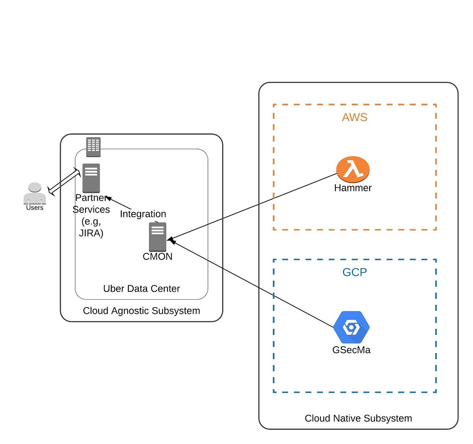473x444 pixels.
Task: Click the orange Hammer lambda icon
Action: tap(353, 170)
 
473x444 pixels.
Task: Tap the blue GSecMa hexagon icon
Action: tap(351, 327)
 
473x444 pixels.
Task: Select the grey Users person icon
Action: tap(35, 193)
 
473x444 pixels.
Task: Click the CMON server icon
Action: tap(158, 237)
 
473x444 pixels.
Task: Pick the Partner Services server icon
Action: tap(91, 178)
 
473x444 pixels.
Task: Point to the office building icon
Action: tap(93, 147)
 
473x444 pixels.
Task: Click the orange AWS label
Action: tap(354, 117)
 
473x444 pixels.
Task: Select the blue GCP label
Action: tap(354, 272)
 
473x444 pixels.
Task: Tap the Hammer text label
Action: tap(353, 188)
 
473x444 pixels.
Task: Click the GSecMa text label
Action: tap(351, 350)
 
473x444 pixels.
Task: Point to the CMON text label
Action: tap(157, 256)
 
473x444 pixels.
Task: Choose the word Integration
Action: tap(143, 214)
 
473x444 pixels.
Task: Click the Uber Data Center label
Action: tap(141, 289)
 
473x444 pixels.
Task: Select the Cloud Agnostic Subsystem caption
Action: tap(141, 311)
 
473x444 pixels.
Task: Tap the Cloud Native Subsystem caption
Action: tap(358, 418)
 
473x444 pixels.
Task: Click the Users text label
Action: tap(35, 208)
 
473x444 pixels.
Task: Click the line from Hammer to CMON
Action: tap(252, 206)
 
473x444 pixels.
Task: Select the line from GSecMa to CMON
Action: tap(252, 284)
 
